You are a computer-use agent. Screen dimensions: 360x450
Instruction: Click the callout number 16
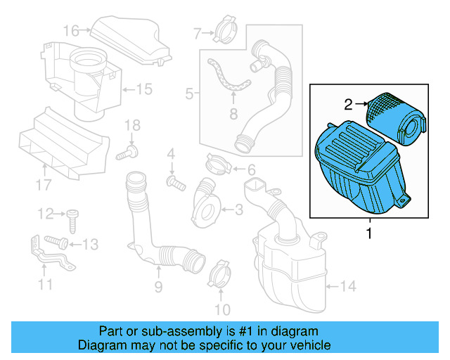[x=71, y=30]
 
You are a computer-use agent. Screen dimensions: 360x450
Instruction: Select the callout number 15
[x=143, y=89]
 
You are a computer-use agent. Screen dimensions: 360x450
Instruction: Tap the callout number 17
[x=44, y=185]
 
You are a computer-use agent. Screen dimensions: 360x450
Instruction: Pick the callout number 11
[x=46, y=284]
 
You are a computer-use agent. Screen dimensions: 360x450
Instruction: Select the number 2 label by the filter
[x=348, y=105]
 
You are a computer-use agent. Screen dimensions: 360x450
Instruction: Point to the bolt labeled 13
[x=58, y=243]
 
